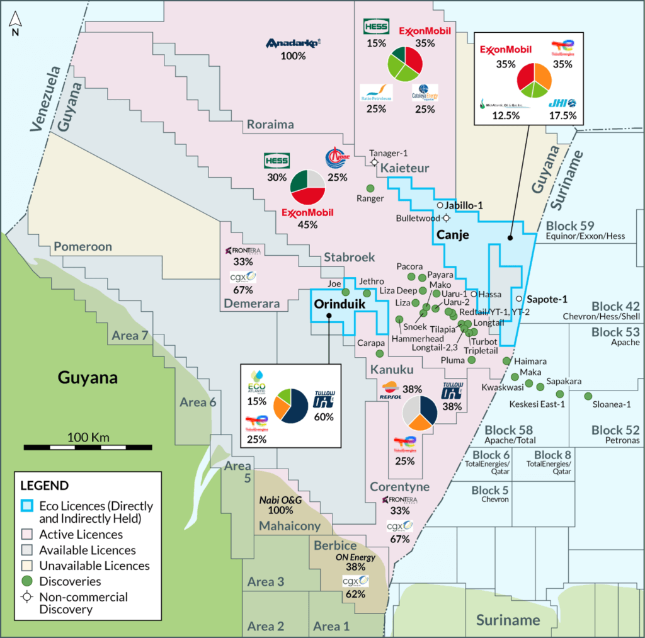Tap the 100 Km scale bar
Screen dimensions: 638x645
[88, 447]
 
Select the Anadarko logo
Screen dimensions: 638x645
[294, 43]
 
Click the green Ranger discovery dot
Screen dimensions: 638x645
[370, 188]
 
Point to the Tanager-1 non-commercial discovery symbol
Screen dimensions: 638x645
[374, 162]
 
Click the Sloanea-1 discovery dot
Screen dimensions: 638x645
[588, 396]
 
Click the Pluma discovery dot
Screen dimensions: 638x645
[472, 360]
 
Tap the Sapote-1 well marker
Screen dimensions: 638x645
[518, 299]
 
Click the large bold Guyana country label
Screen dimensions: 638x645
[88, 379]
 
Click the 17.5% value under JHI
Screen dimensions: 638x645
[563, 115]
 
